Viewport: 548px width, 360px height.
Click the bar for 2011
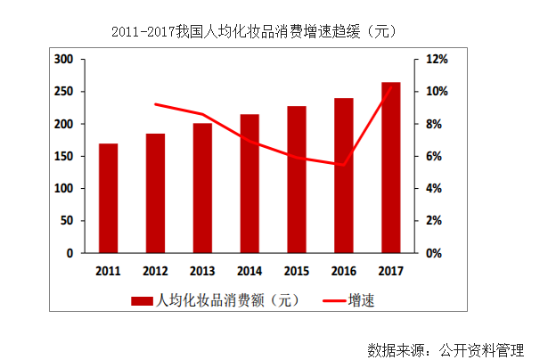[x=108, y=198]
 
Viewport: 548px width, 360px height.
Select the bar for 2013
[x=202, y=188]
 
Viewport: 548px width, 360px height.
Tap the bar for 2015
[x=296, y=179]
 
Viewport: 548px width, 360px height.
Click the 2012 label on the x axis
[x=155, y=270]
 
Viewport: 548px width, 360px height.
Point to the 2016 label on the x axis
[x=343, y=270]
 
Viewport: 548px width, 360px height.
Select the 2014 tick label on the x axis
[x=249, y=270]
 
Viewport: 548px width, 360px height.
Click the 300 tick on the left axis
[x=63, y=60]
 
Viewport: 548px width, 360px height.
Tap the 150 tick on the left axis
[x=63, y=157]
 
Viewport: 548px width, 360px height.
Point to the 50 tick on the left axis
[x=67, y=221]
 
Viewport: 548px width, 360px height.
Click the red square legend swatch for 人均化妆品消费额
[x=142, y=300]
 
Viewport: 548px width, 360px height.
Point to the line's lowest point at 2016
[x=343, y=164]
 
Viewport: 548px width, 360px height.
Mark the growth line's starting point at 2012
[x=155, y=104]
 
